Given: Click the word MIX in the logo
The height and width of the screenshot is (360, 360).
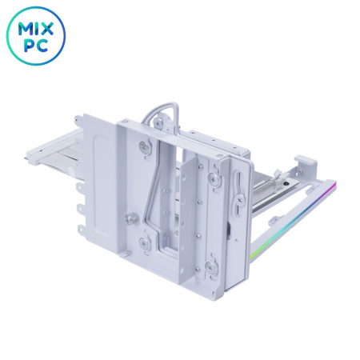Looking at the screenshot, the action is click(35, 29).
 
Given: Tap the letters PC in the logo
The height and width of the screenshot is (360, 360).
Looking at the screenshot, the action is click(36, 46).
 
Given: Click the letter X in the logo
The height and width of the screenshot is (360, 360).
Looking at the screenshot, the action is click(46, 29).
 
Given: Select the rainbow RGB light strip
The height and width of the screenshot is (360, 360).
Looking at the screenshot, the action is click(293, 218).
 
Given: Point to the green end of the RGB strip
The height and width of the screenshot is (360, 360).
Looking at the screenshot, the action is click(252, 255).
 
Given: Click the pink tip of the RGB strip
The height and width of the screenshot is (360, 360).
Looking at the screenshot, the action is click(334, 183).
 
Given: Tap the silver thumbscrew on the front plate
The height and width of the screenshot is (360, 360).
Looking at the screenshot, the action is click(130, 218).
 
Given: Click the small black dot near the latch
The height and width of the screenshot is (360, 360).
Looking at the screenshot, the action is click(286, 183).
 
